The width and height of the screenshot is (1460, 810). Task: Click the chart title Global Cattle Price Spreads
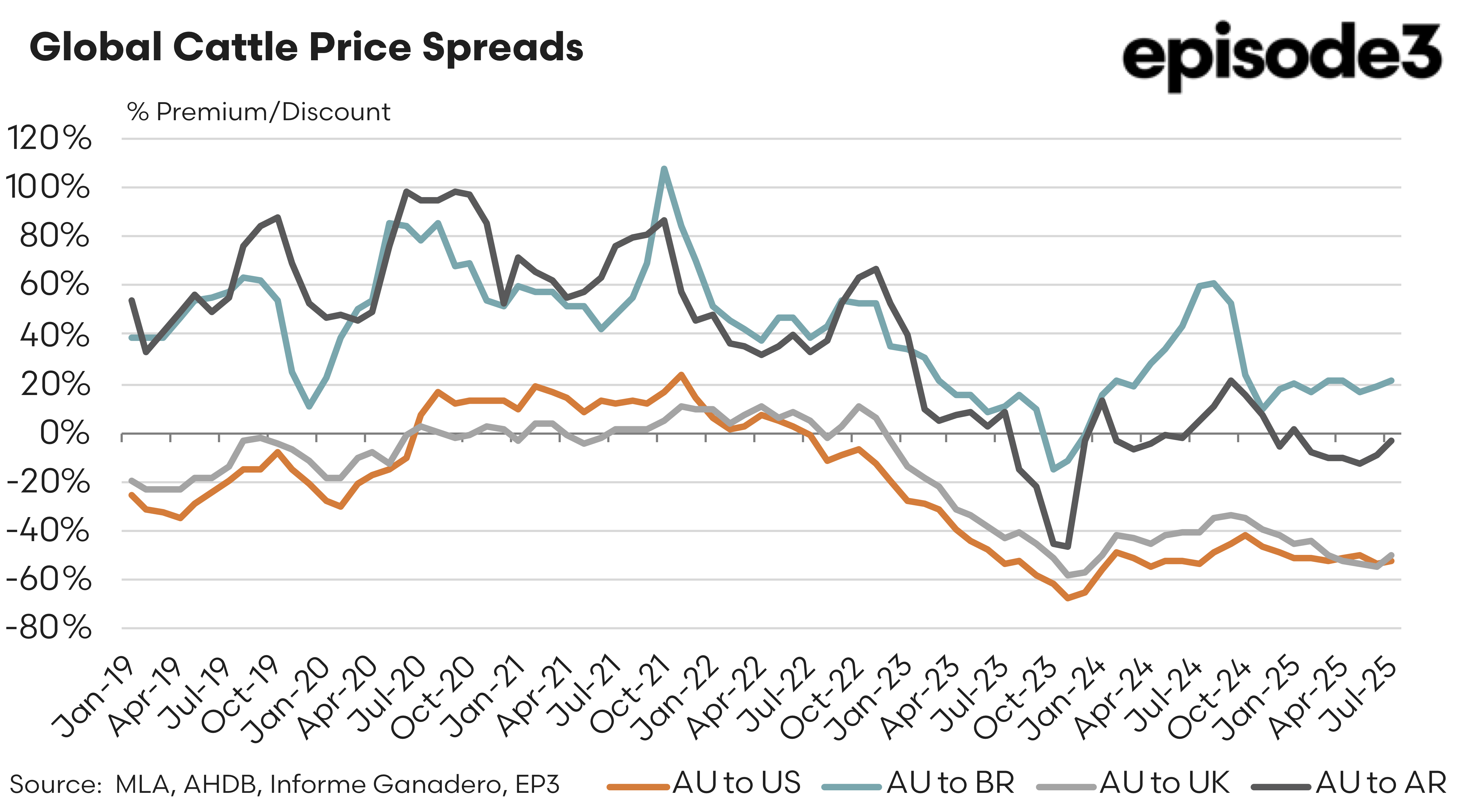306,47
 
